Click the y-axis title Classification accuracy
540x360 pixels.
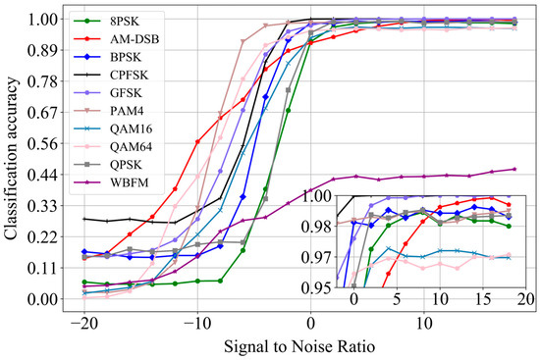click(x=14, y=158)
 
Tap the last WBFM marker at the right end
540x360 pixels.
click(x=514, y=169)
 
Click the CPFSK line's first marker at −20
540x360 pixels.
click(x=84, y=219)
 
